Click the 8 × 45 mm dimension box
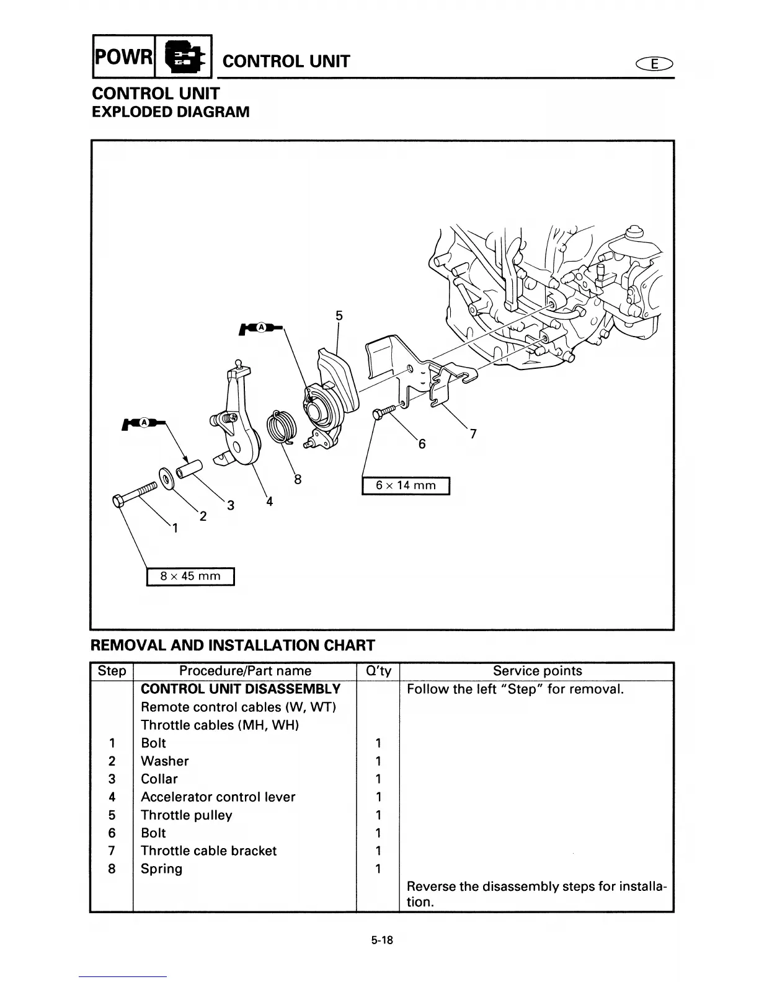tap(190, 576)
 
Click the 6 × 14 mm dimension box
tap(406, 485)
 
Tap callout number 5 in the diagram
tap(339, 316)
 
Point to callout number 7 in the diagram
tap(473, 435)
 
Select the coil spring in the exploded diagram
tap(281, 426)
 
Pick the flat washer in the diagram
tap(166, 478)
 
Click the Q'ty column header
tap(378, 671)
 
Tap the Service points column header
tap(537, 671)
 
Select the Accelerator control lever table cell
tap(218, 797)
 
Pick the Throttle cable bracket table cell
tap(208, 851)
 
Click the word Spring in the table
tap(161, 869)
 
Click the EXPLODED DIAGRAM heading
tap(171, 112)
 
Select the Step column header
tap(112, 671)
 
